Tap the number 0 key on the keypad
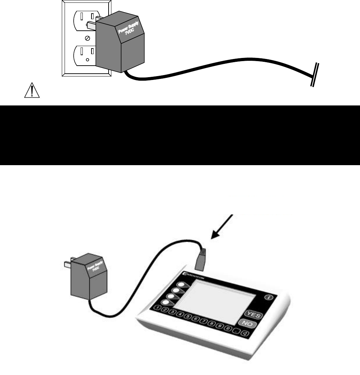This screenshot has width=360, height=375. coord(227,329)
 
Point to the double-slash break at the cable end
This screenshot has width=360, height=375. coord(315,74)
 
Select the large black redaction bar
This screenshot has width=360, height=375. coord(180,135)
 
